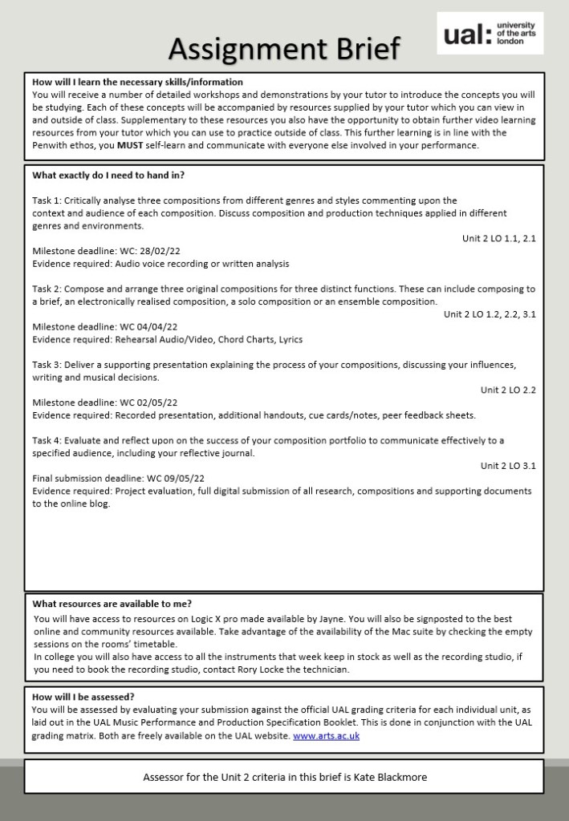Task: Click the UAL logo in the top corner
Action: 490,34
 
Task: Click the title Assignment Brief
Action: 283,49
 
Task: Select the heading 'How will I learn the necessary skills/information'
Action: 137,82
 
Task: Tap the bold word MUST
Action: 129,145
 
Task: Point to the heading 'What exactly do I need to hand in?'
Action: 109,175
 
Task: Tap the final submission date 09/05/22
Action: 170,478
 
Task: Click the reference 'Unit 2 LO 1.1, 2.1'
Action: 498,238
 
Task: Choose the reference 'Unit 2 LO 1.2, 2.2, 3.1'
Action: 490,313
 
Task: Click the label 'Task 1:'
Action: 47,200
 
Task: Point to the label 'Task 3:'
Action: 47,365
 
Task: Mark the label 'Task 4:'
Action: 47,440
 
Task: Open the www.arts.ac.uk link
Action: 326,735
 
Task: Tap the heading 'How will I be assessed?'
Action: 83,697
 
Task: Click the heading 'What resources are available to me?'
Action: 112,604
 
